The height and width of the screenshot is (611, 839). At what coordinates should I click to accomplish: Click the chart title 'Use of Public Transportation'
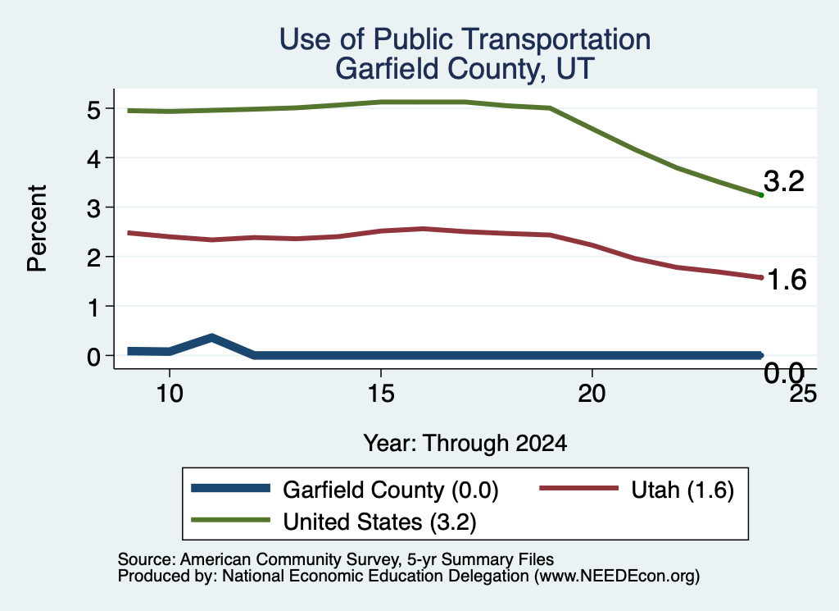coord(465,39)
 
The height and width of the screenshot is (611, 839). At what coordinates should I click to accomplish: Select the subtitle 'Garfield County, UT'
coord(465,69)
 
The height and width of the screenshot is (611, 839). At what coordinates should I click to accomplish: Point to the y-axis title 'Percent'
coord(37,228)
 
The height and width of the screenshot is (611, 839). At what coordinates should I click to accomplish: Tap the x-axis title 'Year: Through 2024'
coord(465,444)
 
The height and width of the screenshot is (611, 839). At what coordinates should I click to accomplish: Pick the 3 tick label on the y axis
coord(93,207)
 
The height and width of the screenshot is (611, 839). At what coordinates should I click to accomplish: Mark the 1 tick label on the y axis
coord(94,307)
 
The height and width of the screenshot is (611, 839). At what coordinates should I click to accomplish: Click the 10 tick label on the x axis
coord(170,394)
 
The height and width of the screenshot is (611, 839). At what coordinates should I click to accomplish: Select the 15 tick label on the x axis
coord(381,394)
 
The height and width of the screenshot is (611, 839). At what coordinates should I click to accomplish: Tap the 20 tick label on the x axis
coord(592,394)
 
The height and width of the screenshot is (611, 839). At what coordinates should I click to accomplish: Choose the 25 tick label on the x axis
coord(803,394)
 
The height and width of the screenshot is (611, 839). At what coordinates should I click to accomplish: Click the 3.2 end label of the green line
coord(784,181)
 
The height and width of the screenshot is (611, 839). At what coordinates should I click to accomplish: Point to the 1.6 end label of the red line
coord(787,280)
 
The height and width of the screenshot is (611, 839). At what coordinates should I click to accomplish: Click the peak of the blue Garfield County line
coord(212,338)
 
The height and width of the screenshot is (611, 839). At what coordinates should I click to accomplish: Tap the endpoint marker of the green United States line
coord(761,195)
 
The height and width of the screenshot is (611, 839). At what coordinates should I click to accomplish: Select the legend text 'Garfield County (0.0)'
coord(391,490)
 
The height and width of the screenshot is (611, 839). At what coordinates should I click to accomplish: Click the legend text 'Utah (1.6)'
coord(683,490)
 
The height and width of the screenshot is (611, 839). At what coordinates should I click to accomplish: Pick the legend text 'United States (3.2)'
coord(379,522)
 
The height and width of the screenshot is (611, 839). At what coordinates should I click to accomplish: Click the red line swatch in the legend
coord(578,488)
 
